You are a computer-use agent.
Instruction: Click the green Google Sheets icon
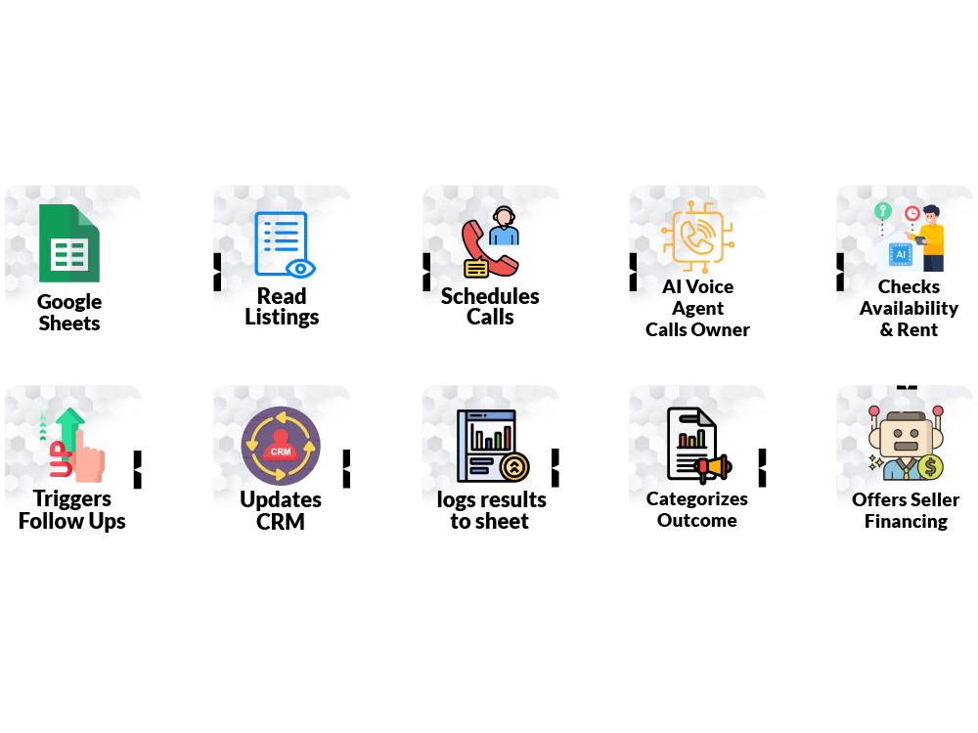(x=68, y=244)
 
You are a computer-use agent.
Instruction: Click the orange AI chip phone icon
(x=697, y=237)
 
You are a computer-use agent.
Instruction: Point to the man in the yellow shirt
(x=931, y=237)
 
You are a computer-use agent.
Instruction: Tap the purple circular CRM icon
(x=281, y=446)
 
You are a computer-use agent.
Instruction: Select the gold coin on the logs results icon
(x=513, y=467)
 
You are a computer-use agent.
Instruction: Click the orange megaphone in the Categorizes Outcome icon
(x=714, y=467)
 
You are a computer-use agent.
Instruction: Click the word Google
(x=69, y=302)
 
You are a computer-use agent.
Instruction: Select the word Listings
(x=282, y=318)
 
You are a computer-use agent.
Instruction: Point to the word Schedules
(x=490, y=296)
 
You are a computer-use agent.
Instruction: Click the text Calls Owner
(x=697, y=329)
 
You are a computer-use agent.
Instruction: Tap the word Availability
(x=909, y=308)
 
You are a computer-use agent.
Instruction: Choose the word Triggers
(x=72, y=499)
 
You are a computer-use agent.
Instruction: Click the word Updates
(x=281, y=499)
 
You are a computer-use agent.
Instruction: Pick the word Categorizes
(x=697, y=498)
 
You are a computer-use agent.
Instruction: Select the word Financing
(x=906, y=521)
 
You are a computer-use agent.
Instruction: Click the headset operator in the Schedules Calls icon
(x=505, y=227)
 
